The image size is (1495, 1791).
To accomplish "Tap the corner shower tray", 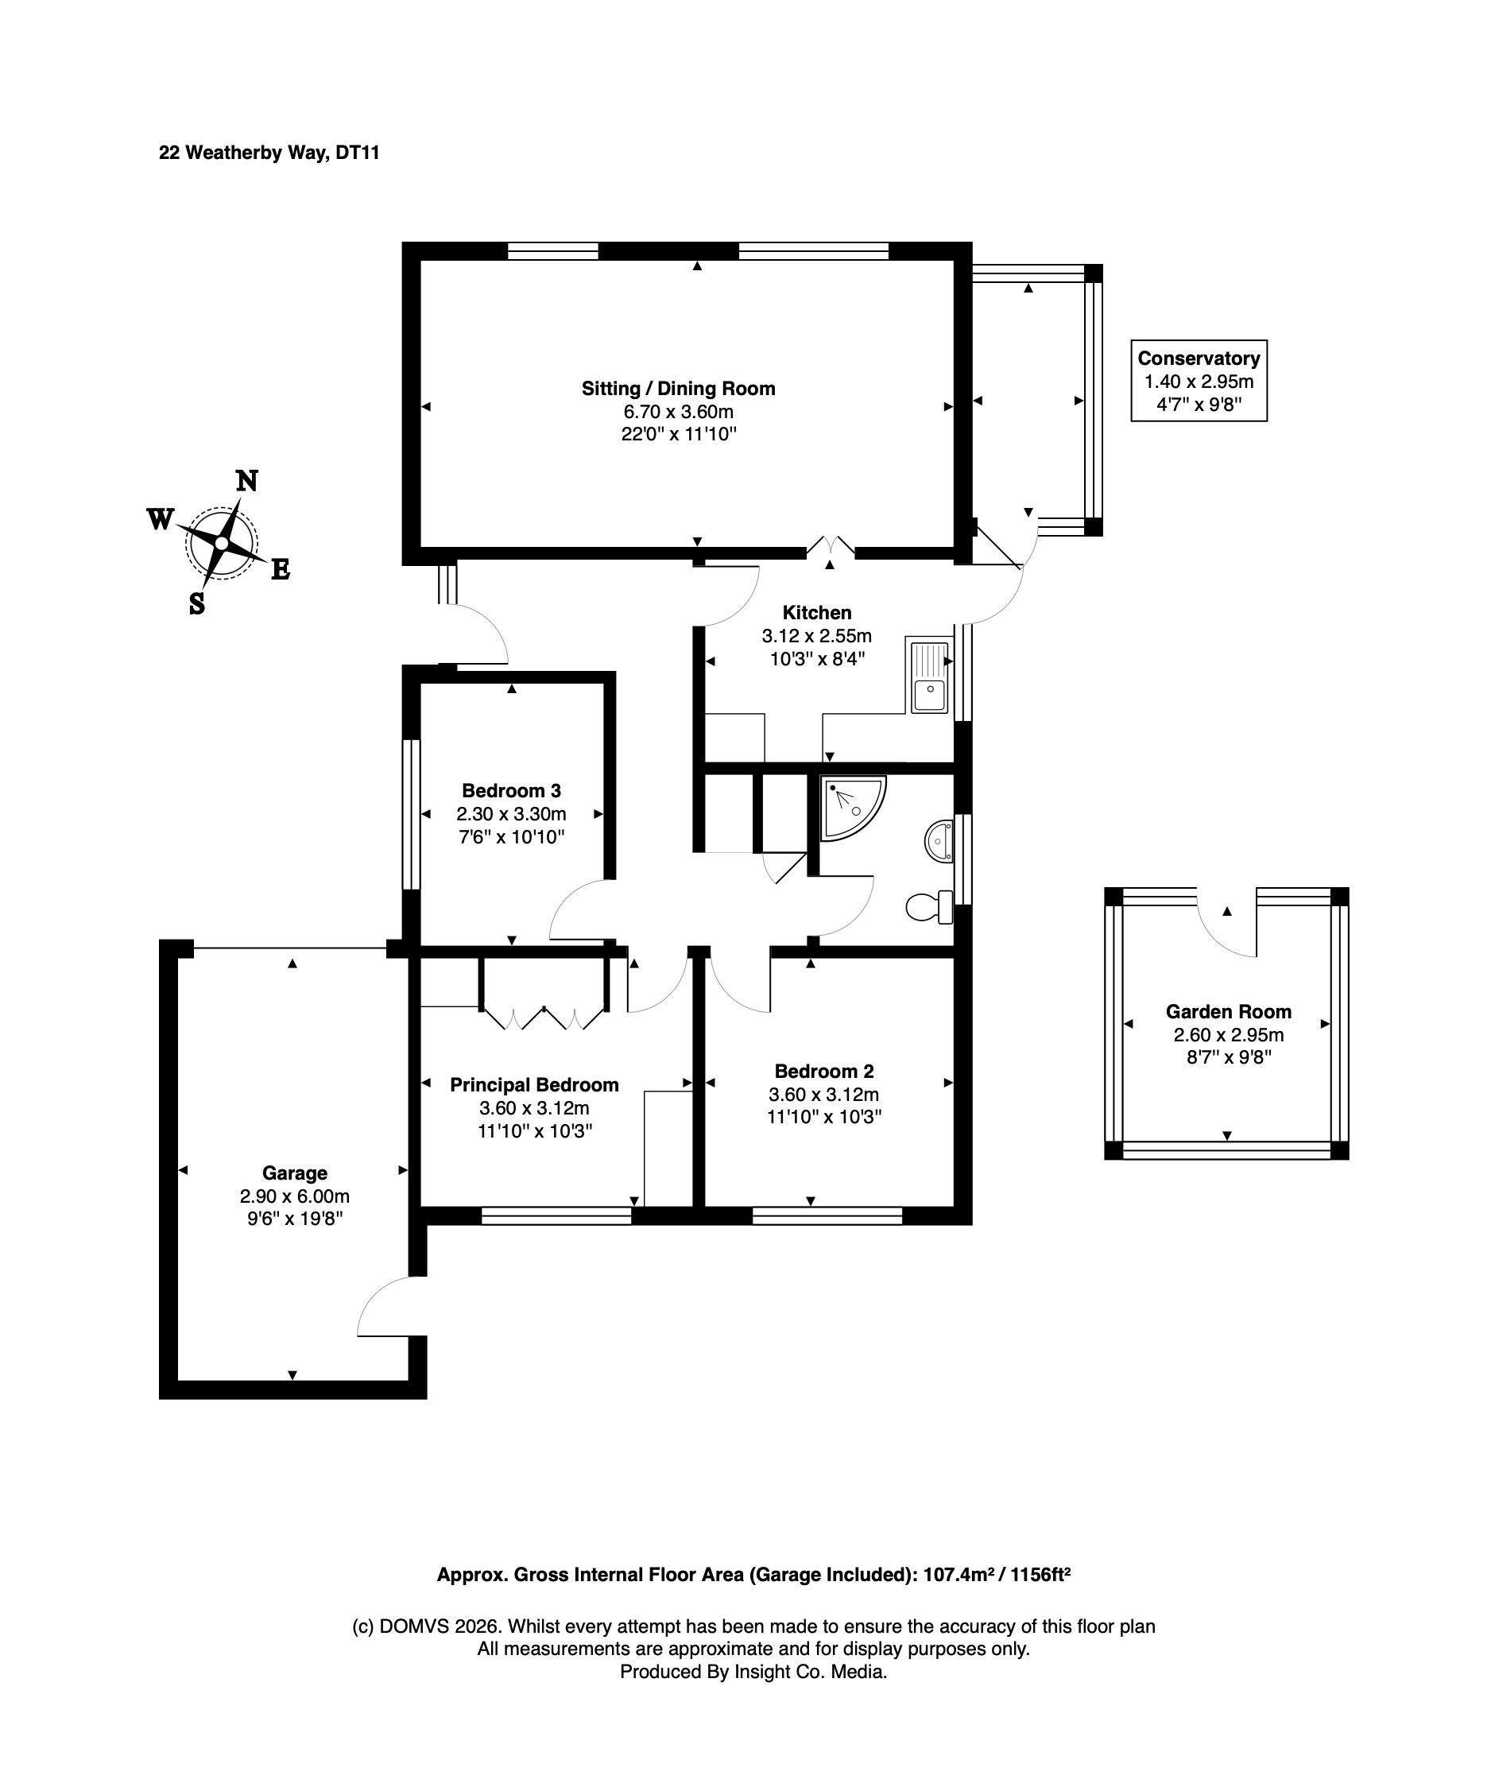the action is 851,807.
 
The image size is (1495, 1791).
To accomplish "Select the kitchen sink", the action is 928,677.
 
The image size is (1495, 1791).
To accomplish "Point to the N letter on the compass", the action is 246,482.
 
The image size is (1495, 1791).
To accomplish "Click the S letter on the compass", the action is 197,604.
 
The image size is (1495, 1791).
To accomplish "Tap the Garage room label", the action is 295,1173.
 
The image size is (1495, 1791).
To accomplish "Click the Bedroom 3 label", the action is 512,791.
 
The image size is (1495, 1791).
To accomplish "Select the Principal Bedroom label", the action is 535,1085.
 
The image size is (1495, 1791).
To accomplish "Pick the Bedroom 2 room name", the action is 824,1072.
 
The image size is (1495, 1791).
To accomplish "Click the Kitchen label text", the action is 817,612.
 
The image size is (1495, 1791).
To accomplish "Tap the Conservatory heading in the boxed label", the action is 1199,359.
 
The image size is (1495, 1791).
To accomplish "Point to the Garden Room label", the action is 1229,1011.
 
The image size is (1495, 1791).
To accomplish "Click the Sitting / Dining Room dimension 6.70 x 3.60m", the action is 679,412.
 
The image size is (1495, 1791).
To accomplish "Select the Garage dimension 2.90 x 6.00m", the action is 295,1196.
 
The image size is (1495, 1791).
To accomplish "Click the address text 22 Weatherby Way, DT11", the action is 269,153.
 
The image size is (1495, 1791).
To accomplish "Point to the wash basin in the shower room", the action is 939,842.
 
